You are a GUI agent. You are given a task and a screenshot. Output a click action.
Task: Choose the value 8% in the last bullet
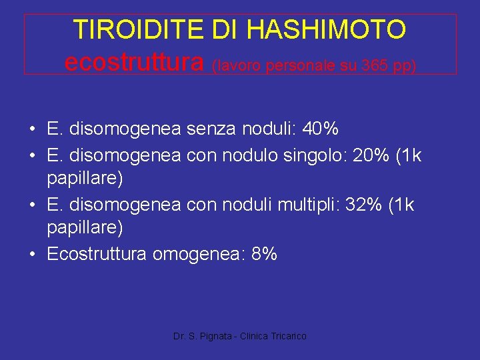[264, 254]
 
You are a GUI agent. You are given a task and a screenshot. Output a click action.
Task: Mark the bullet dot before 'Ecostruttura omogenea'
[32, 254]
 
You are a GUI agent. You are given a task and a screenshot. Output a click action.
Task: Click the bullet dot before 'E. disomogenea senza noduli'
[32, 128]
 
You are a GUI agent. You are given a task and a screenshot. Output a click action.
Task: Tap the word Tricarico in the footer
[289, 337]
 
